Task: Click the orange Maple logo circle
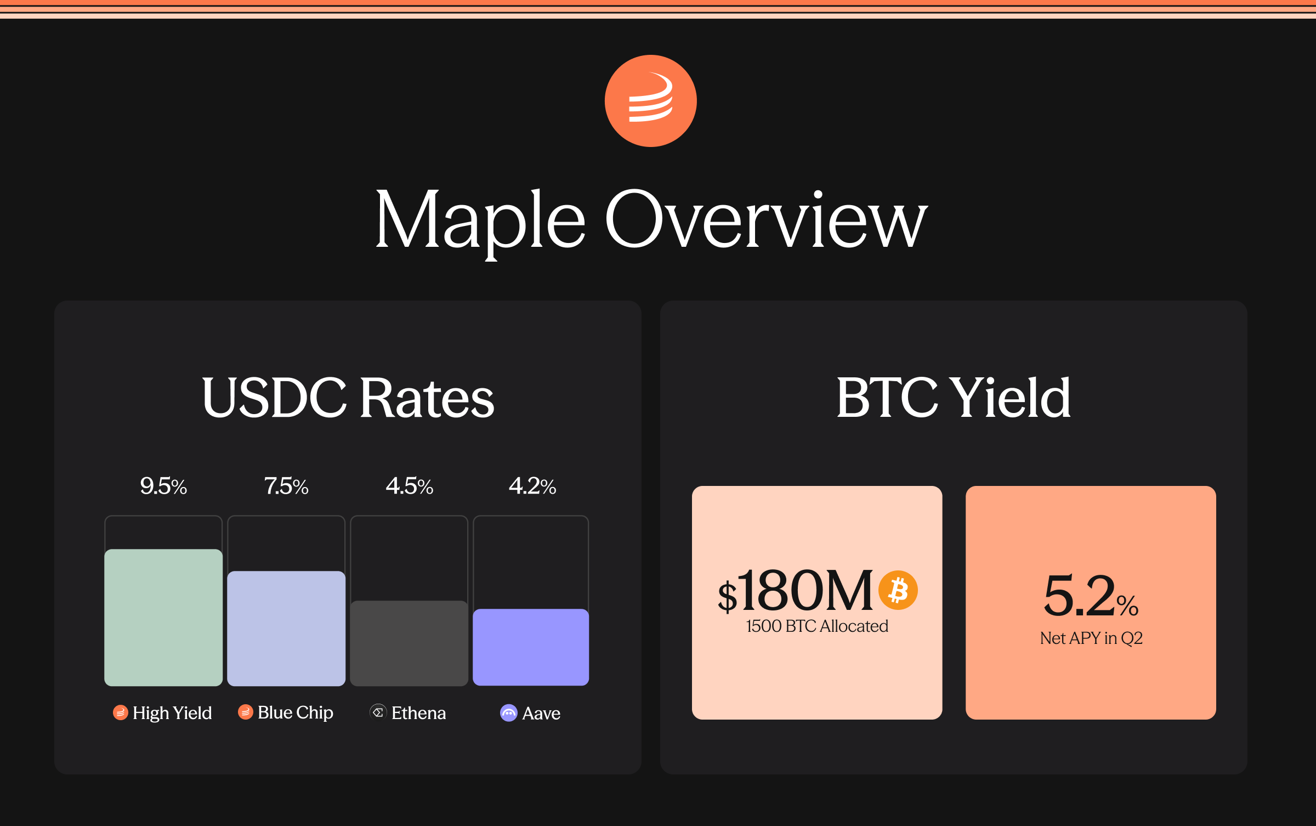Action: [650, 101]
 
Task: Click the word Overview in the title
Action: [767, 219]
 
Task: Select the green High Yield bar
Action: [163, 618]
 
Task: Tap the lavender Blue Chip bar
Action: [286, 629]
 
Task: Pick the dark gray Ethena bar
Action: [409, 643]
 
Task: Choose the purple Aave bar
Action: [531, 647]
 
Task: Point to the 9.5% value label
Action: [163, 486]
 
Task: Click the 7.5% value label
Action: [286, 486]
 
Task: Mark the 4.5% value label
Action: [409, 486]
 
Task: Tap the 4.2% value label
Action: [532, 486]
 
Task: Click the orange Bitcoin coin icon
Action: [898, 590]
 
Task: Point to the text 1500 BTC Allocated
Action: [817, 626]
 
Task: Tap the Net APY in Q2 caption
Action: [1091, 638]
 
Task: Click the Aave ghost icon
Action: [509, 713]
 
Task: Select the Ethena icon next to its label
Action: [378, 712]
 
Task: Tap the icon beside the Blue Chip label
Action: [245, 712]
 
